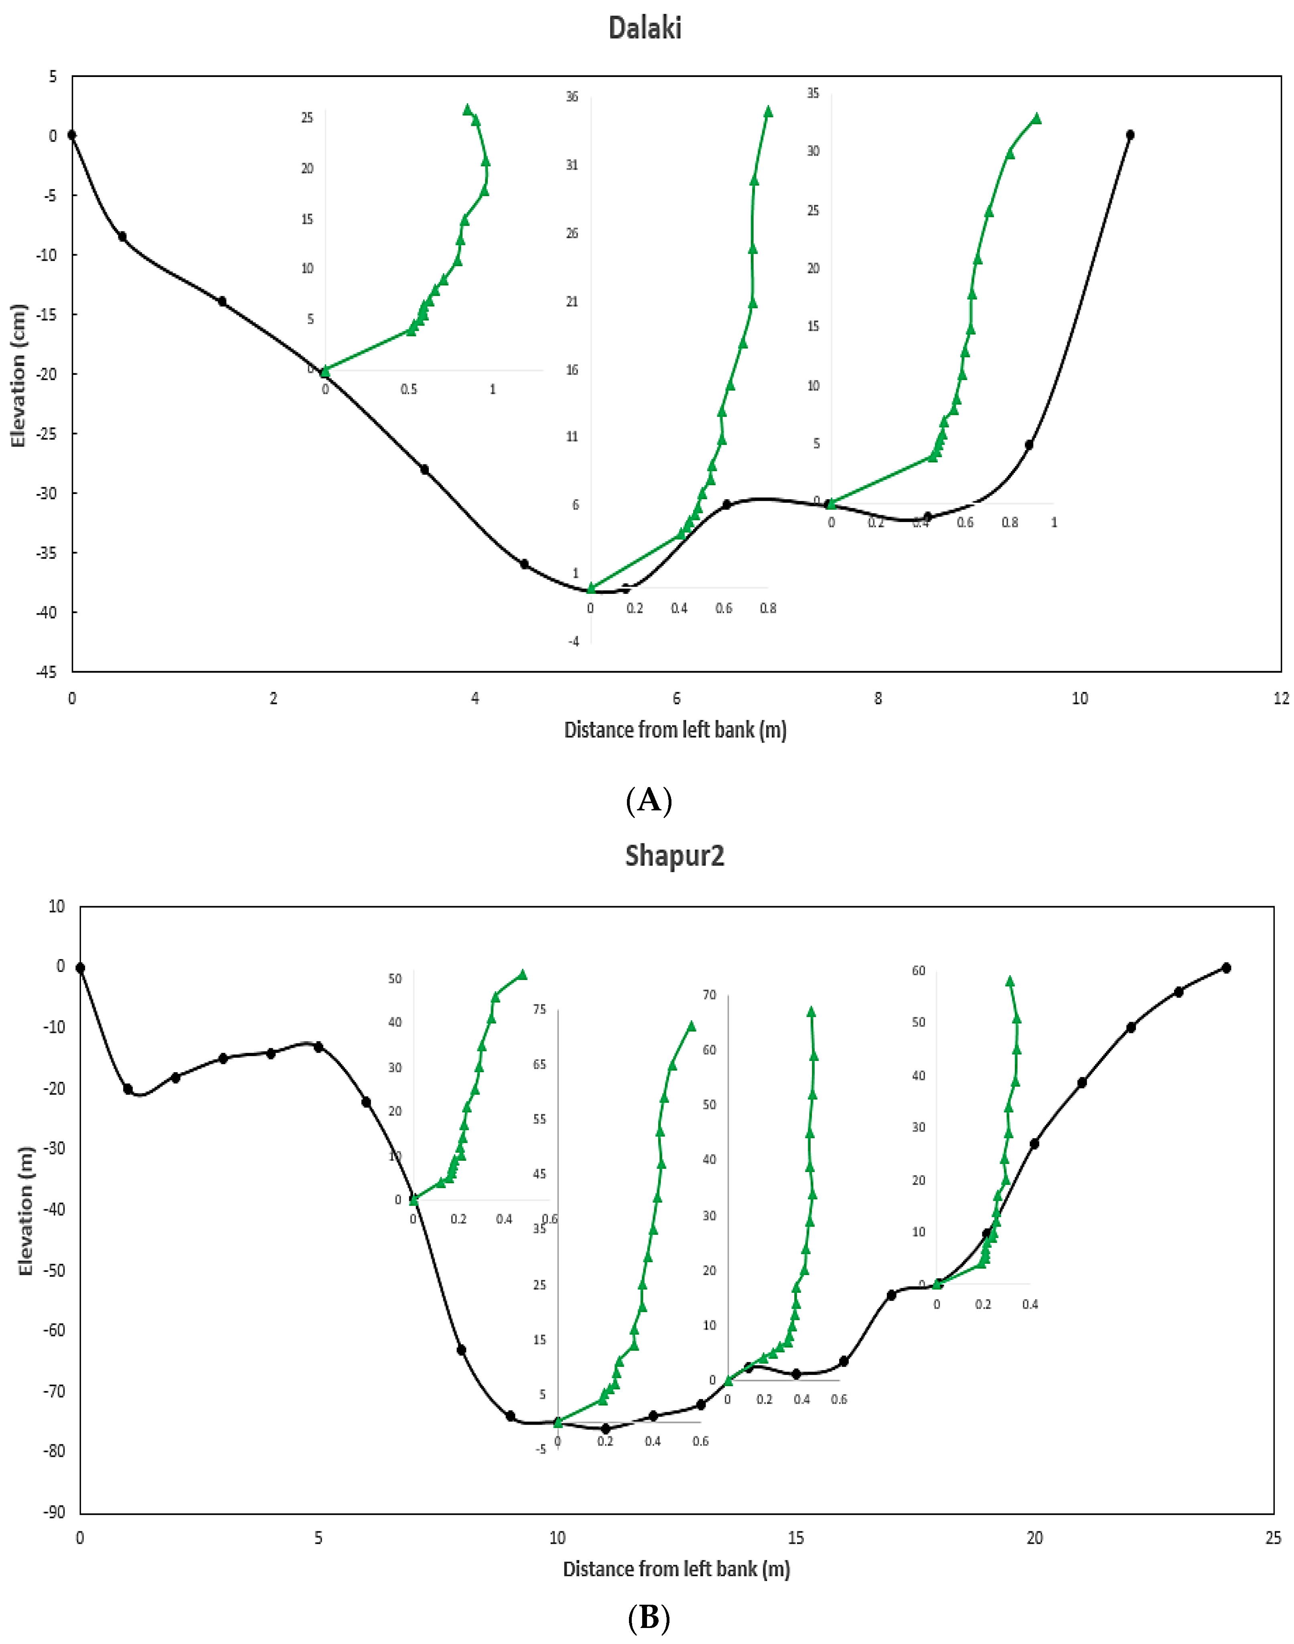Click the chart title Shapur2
pos(674,856)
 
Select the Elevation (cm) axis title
pos(18,376)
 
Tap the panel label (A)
pos(649,800)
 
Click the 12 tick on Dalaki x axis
pos(1280,698)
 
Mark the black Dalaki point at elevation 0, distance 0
pos(72,135)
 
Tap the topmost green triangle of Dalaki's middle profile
pos(768,111)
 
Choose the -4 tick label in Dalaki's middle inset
pos(574,642)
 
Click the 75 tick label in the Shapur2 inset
pos(540,1009)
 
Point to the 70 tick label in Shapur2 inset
pos(709,995)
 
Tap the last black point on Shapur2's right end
pos(1226,968)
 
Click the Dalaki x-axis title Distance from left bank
pos(675,730)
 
